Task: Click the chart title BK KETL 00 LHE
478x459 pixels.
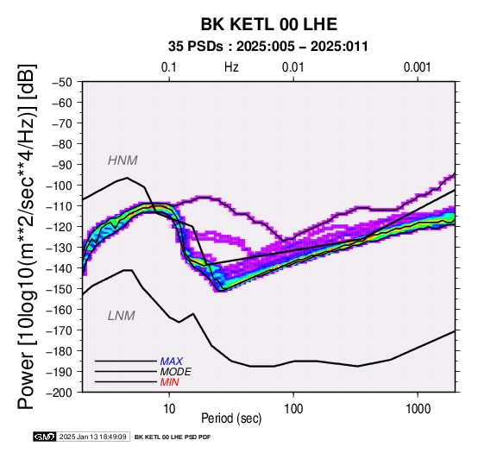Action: (x=269, y=24)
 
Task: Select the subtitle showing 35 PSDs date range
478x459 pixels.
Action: (x=268, y=47)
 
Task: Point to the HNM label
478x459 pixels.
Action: (x=123, y=160)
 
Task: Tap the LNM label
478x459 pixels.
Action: (x=122, y=316)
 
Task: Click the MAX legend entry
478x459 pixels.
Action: (x=172, y=362)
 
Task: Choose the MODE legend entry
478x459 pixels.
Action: (x=176, y=372)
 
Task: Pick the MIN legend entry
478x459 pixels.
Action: (x=169, y=382)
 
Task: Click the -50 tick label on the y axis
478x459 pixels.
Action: (x=62, y=82)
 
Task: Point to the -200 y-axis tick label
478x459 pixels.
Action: (x=60, y=393)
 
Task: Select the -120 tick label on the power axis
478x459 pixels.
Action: (x=60, y=227)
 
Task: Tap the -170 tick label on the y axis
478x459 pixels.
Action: (x=60, y=330)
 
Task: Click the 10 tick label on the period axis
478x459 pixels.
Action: (x=169, y=409)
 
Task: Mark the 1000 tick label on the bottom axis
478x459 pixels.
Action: (x=418, y=409)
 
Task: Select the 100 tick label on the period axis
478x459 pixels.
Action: (x=293, y=409)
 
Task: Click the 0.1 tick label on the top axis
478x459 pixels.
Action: (x=169, y=67)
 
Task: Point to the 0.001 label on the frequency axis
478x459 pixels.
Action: (x=418, y=67)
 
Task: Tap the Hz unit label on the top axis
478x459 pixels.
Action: (x=231, y=67)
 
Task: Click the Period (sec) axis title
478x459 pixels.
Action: (x=231, y=418)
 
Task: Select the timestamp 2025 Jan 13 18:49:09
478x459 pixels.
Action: (x=92, y=437)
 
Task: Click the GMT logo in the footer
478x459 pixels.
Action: (x=45, y=437)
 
